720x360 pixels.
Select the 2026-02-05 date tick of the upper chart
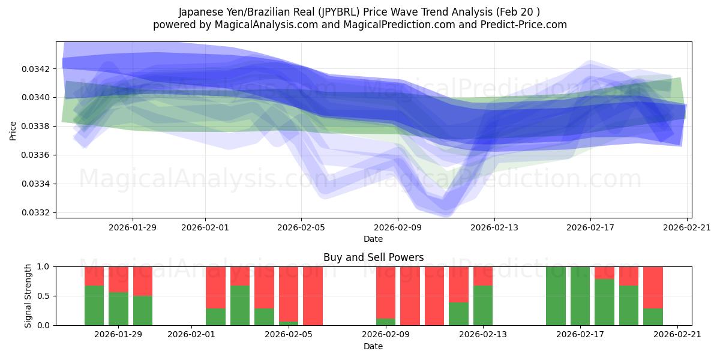pyautogui.click(x=301, y=227)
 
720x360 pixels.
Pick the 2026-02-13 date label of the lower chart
pyautogui.click(x=482, y=335)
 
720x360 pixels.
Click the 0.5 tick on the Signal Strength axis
pyautogui.click(x=45, y=296)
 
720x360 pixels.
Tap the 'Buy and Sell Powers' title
pyautogui.click(x=373, y=257)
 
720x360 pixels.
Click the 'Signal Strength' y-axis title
pyautogui.click(x=28, y=296)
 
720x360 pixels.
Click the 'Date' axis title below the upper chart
pyautogui.click(x=373, y=239)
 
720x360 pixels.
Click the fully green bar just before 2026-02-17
pyautogui.click(x=556, y=296)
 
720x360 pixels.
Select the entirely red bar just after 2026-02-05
pyautogui.click(x=313, y=296)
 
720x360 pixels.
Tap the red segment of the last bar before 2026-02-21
pyautogui.click(x=653, y=287)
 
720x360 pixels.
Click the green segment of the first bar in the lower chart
pyautogui.click(x=94, y=305)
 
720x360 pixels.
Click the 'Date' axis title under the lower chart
pyautogui.click(x=373, y=346)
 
